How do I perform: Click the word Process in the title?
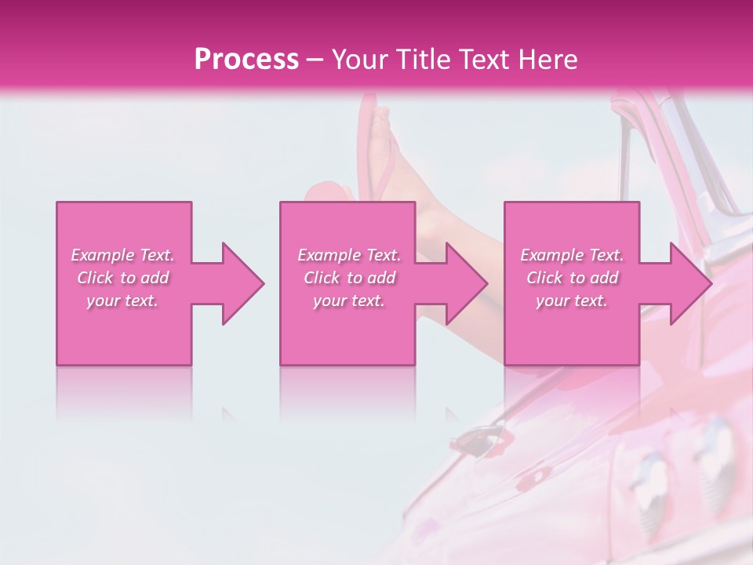(x=246, y=60)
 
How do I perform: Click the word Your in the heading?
(x=361, y=60)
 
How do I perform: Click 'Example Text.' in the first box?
(x=123, y=255)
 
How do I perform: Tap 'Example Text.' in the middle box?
(x=349, y=255)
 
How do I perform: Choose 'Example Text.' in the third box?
(x=572, y=255)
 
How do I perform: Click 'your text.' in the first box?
(x=123, y=301)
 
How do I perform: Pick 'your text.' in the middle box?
(x=349, y=301)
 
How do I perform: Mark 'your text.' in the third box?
(x=572, y=301)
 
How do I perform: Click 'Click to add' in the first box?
(x=123, y=278)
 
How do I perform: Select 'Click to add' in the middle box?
(x=349, y=278)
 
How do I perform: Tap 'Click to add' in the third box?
(x=572, y=278)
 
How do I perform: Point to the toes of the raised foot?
(x=381, y=118)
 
